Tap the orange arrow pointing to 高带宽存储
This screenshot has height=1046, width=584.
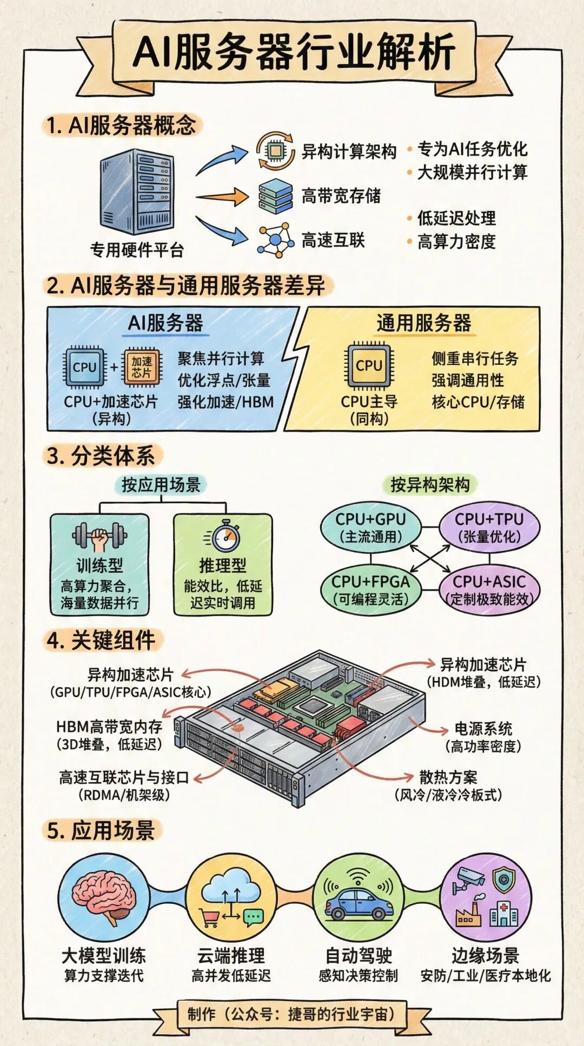point(222,196)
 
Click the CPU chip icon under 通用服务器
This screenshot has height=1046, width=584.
point(369,366)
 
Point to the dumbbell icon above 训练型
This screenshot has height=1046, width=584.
point(99,537)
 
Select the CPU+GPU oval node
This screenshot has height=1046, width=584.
point(370,527)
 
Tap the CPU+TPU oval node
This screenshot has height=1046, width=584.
point(489,527)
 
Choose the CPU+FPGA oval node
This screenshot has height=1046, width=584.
point(371,590)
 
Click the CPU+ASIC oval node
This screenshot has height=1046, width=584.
point(489,590)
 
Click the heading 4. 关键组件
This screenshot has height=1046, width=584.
point(102,640)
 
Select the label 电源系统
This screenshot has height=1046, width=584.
point(483,728)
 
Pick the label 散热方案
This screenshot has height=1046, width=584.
point(448,777)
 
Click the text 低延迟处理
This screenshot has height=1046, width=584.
point(456,218)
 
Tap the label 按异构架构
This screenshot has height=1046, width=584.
point(430,485)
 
